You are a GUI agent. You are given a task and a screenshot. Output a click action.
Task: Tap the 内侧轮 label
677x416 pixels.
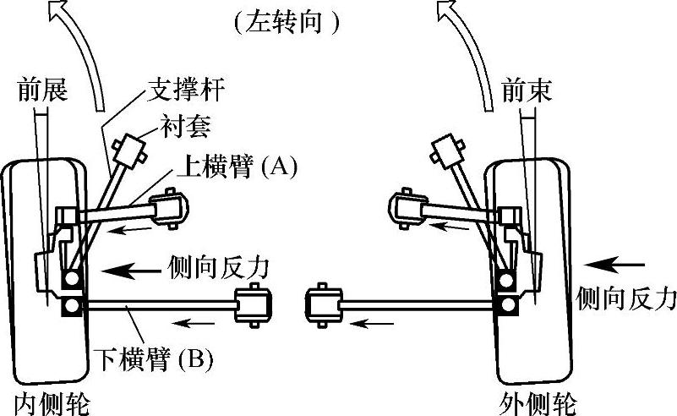click(51, 402)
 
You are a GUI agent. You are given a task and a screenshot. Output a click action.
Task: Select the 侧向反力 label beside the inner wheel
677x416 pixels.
click(219, 268)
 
